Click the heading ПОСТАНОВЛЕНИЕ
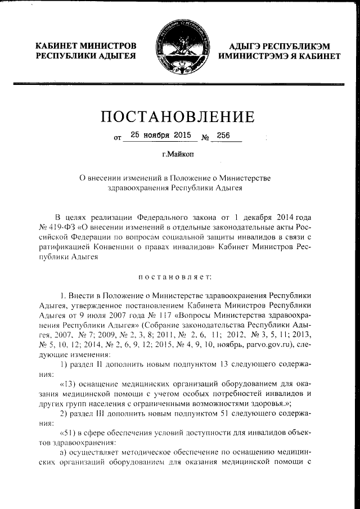click(178, 117)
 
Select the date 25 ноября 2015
click(160, 136)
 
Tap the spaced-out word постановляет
click(178, 276)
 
